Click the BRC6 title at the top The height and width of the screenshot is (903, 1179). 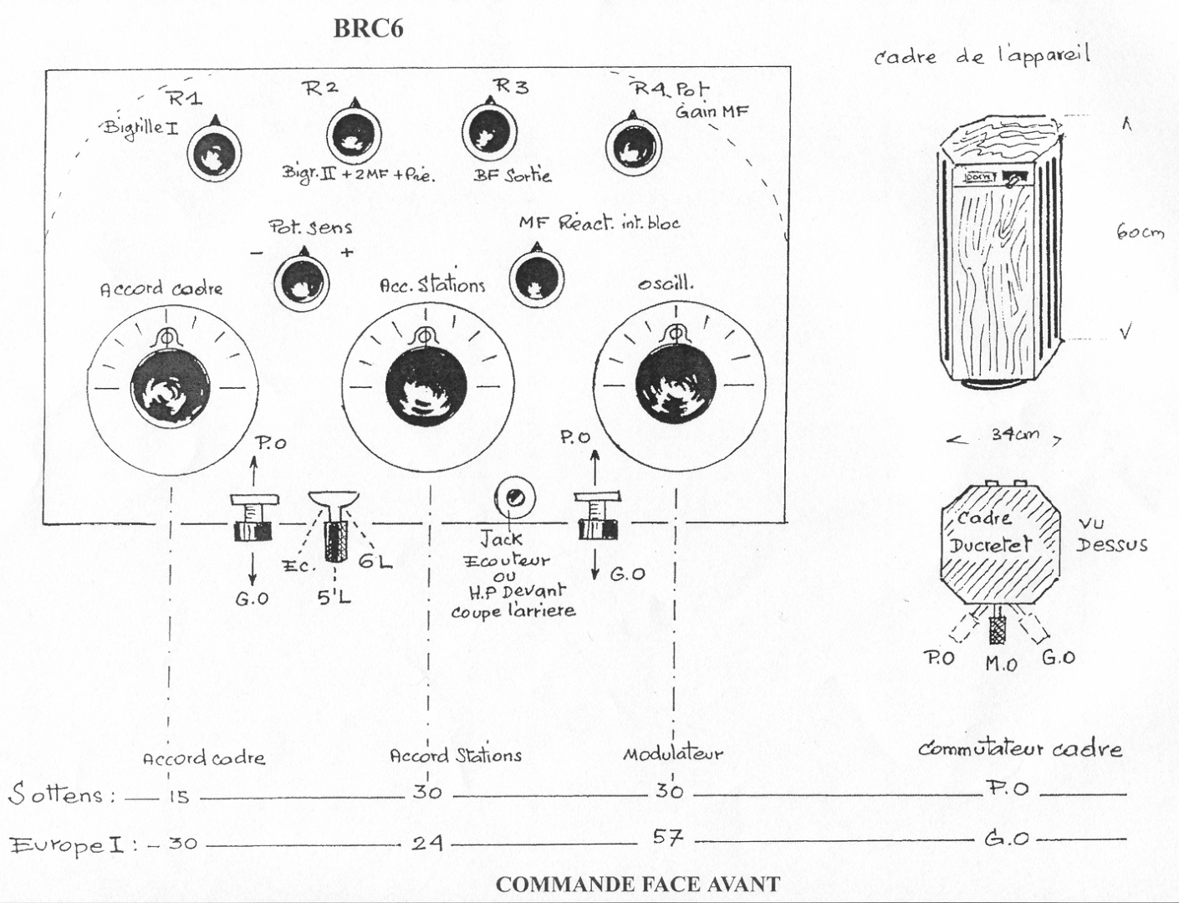pos(368,28)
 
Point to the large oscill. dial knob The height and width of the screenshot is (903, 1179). pos(676,385)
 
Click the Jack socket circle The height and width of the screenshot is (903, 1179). pos(513,499)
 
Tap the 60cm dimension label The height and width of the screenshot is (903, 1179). pos(1140,232)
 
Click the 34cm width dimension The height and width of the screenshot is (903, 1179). pos(1015,435)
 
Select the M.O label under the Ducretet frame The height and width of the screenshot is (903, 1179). pos(1001,664)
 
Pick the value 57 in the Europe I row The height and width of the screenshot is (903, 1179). pos(667,837)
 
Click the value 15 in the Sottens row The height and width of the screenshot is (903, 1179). pos(178,797)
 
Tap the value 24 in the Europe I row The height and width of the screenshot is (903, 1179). pos(426,842)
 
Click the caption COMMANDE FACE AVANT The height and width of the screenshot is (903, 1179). pos(637,885)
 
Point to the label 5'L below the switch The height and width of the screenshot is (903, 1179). pos(334,598)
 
